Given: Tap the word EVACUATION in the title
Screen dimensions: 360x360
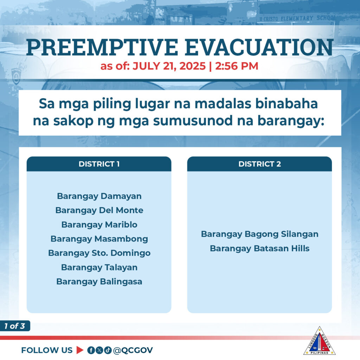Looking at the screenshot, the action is coord(259,47).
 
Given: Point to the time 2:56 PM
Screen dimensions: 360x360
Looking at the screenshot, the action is coord(237,66).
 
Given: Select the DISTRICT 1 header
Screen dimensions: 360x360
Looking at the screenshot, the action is coord(99,164).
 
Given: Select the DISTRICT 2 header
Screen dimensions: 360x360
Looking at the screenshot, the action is coord(259,164).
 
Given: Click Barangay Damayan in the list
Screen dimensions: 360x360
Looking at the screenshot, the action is coord(99,196).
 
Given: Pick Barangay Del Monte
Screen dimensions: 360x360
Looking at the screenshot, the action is coord(99,210).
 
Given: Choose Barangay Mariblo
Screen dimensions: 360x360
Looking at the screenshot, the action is coord(99,225).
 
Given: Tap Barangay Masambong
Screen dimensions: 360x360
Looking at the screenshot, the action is coord(99,239).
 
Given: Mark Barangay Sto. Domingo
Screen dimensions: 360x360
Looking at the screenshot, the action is coord(99,253).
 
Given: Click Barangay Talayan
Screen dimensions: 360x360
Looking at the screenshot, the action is coord(99,268).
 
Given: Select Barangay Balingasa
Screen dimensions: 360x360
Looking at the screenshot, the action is coord(99,282).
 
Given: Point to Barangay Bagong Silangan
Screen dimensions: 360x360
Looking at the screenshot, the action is coord(260,234).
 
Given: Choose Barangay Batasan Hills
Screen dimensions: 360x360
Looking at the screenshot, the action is coord(260,249).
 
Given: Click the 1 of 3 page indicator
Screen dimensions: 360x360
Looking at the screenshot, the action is coord(15,326).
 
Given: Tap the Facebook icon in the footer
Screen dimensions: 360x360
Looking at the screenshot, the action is coord(91,350).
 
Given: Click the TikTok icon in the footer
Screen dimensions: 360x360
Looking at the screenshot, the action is coord(108,350).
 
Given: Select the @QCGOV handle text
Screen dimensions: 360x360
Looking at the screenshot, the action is coord(133,351).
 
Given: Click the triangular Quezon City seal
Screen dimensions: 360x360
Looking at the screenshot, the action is coord(319,341).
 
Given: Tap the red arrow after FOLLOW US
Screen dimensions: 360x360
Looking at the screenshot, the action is coord(79,350).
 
